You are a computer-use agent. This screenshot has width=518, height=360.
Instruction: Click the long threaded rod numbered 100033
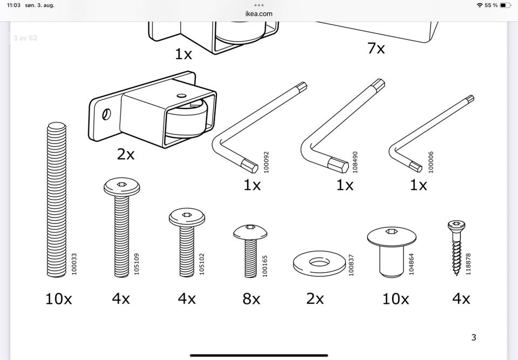click(56, 200)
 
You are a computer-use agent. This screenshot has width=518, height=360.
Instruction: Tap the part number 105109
click(137, 264)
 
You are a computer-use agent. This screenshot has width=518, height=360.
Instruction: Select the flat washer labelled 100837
click(319, 263)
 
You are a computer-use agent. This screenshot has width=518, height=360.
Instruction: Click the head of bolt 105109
click(121, 187)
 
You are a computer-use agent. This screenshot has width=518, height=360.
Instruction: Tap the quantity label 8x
click(251, 298)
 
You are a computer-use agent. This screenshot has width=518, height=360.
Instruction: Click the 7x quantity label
click(376, 48)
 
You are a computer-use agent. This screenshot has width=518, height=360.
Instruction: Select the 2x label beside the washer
click(315, 298)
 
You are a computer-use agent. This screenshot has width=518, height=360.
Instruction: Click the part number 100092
click(265, 162)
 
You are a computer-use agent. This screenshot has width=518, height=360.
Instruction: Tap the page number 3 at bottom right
click(474, 338)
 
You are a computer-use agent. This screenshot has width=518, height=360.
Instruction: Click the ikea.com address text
click(259, 13)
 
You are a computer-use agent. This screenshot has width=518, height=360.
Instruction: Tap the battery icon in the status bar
click(505, 5)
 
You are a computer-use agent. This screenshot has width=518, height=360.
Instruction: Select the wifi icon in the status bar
click(479, 5)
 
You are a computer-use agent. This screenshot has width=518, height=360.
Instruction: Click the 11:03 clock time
click(14, 5)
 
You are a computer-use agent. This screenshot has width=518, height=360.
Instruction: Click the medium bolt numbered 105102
click(187, 243)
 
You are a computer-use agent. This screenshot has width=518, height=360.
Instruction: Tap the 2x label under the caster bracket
click(126, 154)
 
